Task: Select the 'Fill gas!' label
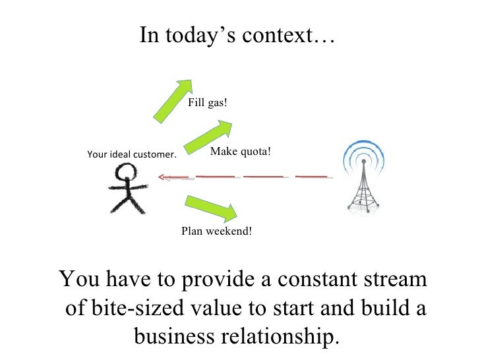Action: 208,103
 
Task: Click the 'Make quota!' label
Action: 240,152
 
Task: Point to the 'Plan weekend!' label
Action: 217,231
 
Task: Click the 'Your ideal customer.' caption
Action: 132,155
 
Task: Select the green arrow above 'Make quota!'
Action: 208,136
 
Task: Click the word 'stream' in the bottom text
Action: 394,279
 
